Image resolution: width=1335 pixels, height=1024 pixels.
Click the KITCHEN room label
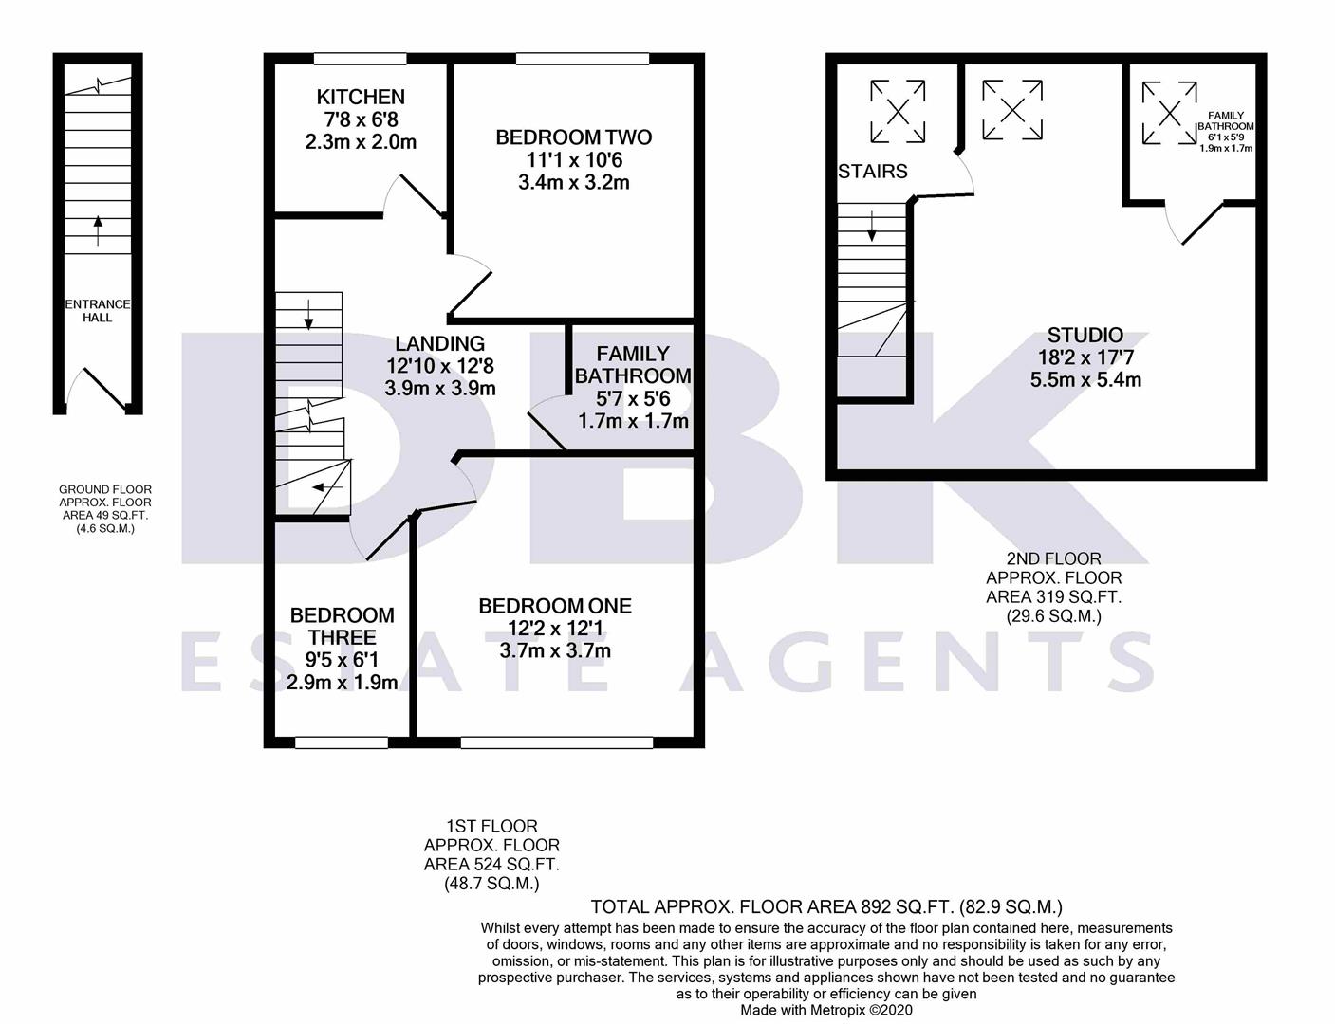pyautogui.click(x=361, y=97)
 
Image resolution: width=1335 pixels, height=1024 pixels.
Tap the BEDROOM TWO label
pyautogui.click(x=573, y=137)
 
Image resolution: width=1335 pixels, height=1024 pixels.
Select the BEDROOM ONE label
pyautogui.click(x=555, y=606)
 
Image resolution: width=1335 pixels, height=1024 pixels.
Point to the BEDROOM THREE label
pyautogui.click(x=342, y=627)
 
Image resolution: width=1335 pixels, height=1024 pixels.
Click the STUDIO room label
pyautogui.click(x=1085, y=335)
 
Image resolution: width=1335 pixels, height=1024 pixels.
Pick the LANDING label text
pyautogui.click(x=439, y=343)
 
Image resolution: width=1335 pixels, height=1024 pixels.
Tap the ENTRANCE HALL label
pyautogui.click(x=97, y=311)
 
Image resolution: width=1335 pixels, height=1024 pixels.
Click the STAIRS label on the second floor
pyautogui.click(x=873, y=172)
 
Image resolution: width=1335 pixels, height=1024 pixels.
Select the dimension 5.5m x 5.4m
pyautogui.click(x=1085, y=380)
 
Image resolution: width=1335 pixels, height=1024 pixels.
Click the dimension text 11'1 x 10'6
pyautogui.click(x=573, y=160)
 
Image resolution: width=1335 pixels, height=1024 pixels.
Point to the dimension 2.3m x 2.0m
pyautogui.click(x=361, y=142)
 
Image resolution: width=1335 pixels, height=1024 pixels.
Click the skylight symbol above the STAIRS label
pyautogui.click(x=898, y=112)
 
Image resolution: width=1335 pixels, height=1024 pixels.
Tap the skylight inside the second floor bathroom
pyautogui.click(x=1169, y=114)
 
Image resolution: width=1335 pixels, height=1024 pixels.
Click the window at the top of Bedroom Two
pyautogui.click(x=583, y=59)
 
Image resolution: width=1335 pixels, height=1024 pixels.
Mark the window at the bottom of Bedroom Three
pyautogui.click(x=342, y=742)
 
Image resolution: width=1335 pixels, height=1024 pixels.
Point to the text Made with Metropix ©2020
pyautogui.click(x=826, y=1011)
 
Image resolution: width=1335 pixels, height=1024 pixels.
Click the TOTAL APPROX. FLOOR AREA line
pyautogui.click(x=826, y=907)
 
